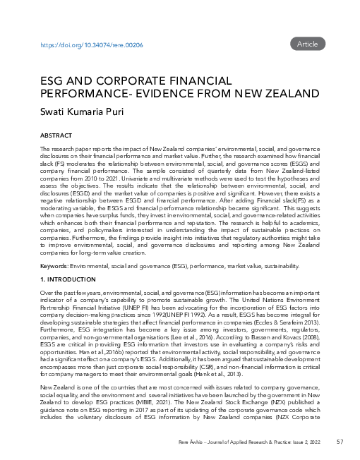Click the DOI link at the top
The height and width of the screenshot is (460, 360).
(92, 44)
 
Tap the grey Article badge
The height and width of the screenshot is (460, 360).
(308, 44)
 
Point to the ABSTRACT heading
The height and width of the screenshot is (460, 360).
(55, 135)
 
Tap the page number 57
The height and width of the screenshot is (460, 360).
(340, 442)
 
